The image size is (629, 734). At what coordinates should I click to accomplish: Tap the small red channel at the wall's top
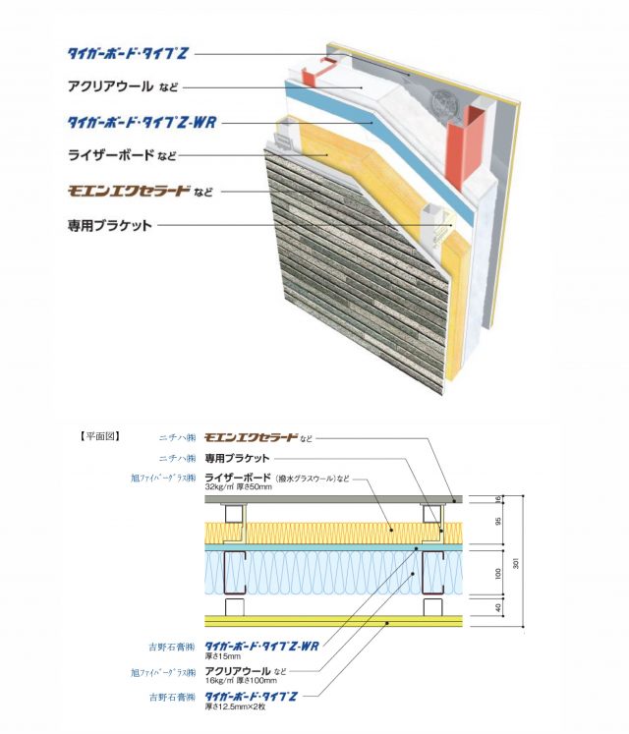[x=316, y=72]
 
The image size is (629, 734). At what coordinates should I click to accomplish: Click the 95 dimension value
[x=499, y=522]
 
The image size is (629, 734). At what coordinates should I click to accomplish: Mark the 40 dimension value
[x=499, y=608]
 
